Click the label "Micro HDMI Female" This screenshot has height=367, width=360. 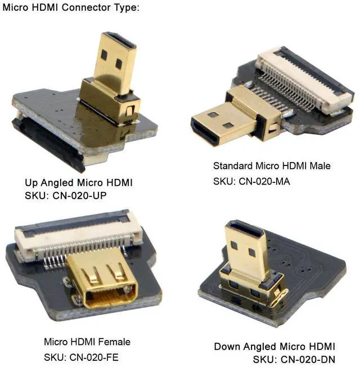87,342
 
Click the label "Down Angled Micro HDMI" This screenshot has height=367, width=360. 274,346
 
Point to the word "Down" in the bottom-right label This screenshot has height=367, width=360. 226,346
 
